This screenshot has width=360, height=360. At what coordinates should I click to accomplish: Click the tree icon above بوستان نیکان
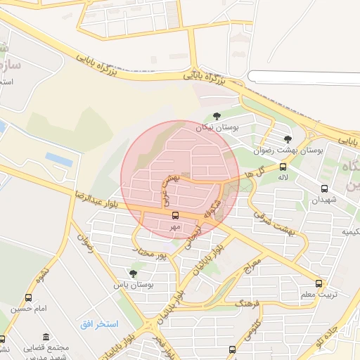click(x=216, y=116)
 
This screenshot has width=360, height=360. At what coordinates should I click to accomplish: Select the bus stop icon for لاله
click(x=283, y=167)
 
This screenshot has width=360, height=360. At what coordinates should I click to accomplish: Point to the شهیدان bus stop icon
click(x=324, y=188)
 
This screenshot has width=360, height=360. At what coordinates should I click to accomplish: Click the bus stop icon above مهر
click(x=175, y=216)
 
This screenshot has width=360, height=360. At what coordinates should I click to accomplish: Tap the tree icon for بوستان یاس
click(x=134, y=273)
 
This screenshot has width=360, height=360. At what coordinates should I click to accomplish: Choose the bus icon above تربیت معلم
click(x=319, y=284)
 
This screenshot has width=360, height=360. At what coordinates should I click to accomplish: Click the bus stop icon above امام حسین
click(x=28, y=297)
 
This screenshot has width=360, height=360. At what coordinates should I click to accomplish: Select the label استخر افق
click(x=99, y=323)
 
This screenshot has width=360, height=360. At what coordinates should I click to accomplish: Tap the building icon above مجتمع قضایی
click(x=46, y=337)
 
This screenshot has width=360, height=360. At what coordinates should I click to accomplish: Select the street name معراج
click(x=252, y=265)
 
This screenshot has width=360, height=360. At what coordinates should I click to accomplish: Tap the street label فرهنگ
click(x=249, y=304)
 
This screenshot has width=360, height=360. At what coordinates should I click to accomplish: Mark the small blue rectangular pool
click(x=59, y=160)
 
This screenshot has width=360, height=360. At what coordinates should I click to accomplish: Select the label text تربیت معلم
click(x=314, y=295)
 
